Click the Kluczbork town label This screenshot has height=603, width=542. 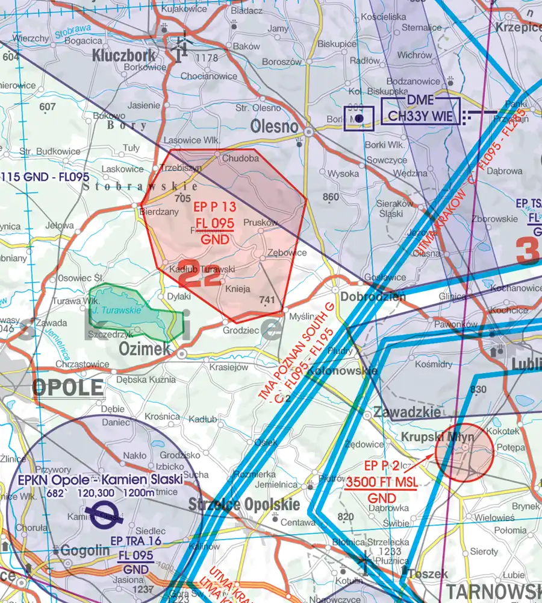coord(124,56)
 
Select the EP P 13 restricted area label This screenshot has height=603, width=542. coord(214,207)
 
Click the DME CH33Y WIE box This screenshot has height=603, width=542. coord(420,111)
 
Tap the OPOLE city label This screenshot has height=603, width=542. coord(67,388)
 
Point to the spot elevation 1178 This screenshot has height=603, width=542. coord(207,58)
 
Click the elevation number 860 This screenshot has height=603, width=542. coord(331,197)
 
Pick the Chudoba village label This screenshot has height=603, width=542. coord(240,158)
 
